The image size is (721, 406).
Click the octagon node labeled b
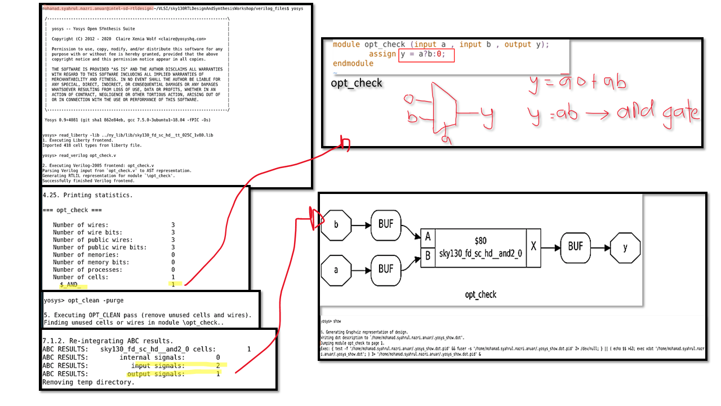(x=336, y=224)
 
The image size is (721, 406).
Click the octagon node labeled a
(x=336, y=270)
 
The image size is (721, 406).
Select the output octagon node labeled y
(x=625, y=246)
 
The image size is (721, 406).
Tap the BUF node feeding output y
(x=576, y=246)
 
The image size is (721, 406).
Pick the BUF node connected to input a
(x=386, y=270)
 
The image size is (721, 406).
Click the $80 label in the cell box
(x=480, y=241)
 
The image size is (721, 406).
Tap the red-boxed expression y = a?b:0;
(x=426, y=55)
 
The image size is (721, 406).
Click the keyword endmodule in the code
(x=353, y=64)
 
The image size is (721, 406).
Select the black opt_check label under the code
(x=356, y=83)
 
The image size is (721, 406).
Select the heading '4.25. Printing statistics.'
(x=88, y=195)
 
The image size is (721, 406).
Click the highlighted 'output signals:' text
(x=156, y=374)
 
